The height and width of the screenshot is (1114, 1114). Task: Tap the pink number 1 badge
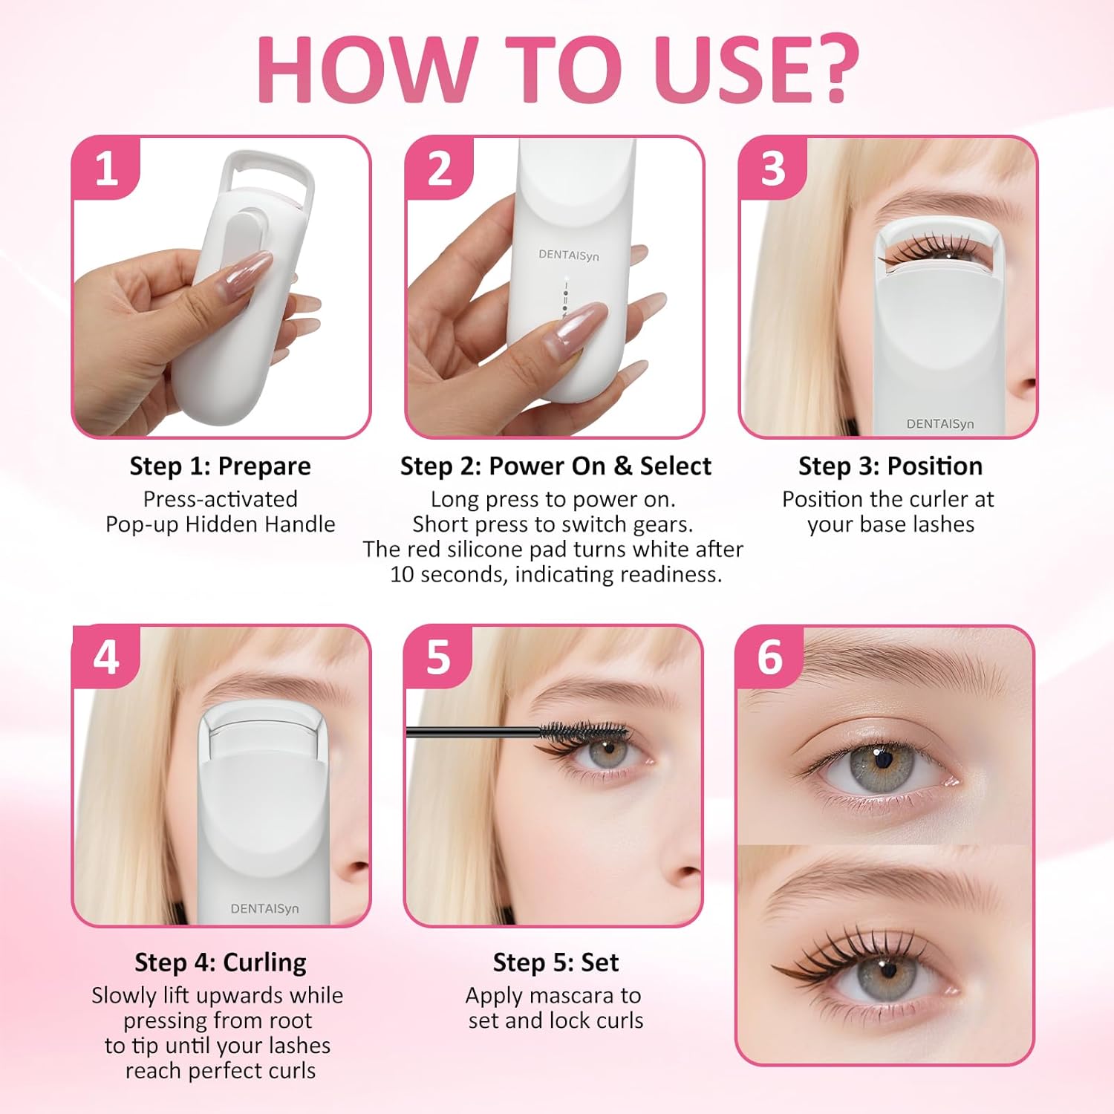click(x=107, y=168)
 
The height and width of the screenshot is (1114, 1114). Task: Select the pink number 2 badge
click(x=439, y=168)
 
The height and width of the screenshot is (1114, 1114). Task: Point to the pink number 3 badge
click(x=772, y=168)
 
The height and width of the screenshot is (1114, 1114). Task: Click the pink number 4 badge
click(x=106, y=657)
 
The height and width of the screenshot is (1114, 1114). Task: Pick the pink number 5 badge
click(x=438, y=657)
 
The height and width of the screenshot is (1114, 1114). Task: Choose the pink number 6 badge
click(x=770, y=657)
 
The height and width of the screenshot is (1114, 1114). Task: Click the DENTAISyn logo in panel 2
click(x=568, y=255)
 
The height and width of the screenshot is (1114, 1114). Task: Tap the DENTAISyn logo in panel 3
click(x=939, y=423)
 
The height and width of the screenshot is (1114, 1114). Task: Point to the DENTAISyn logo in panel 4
click(x=264, y=908)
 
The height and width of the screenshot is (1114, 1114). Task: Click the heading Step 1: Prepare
click(x=220, y=466)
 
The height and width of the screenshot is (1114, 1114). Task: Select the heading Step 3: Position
click(x=890, y=466)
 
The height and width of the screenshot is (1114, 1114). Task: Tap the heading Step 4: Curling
click(x=220, y=962)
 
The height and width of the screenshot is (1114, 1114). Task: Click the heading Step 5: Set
click(x=556, y=962)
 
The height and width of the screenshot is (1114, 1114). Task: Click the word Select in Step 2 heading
click(x=675, y=466)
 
